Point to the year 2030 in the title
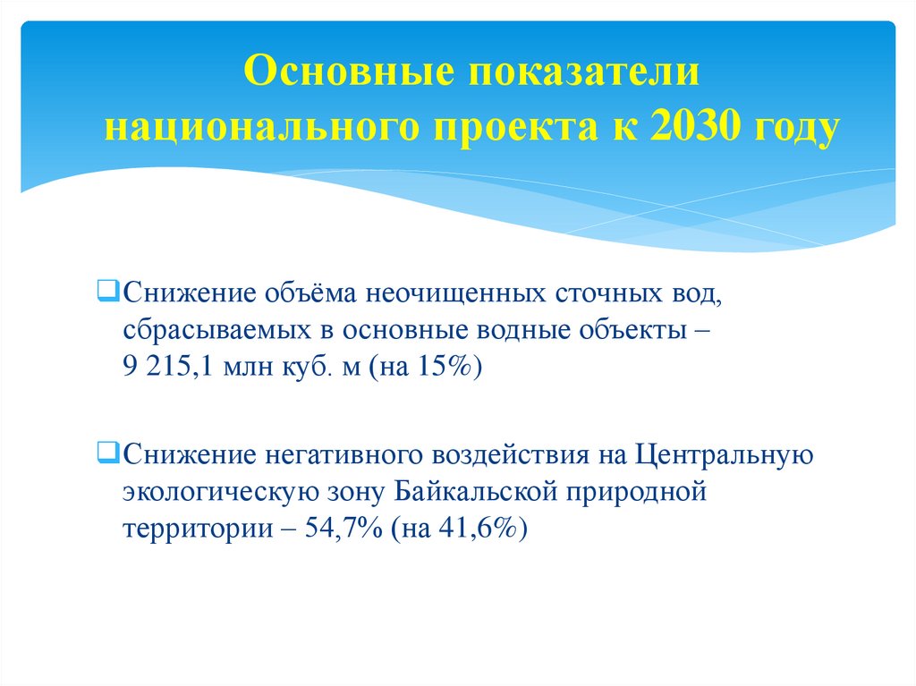coord(697,127)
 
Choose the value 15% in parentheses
coord(448,368)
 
